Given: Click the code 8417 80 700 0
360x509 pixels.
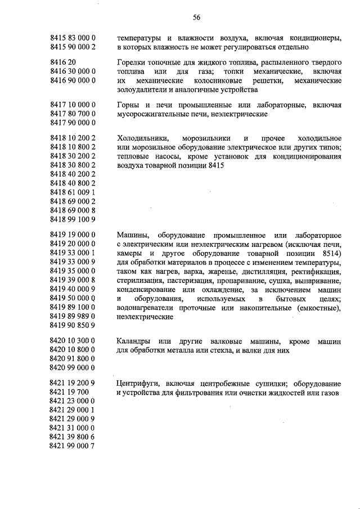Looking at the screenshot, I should click(73, 114).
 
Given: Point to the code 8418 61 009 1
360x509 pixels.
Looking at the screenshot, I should click(73, 192).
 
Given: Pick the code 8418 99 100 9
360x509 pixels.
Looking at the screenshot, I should click(73, 219).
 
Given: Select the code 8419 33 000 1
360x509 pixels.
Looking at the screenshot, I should click(73, 253).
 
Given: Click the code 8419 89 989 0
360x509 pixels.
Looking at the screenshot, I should click(73, 316).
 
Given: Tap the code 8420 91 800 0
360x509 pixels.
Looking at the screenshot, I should click(73, 358).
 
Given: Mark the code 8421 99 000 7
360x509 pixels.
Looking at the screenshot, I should click(73, 445).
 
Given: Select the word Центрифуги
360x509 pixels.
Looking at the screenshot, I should click(139, 383).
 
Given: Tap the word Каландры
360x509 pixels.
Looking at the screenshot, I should click(133, 341).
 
